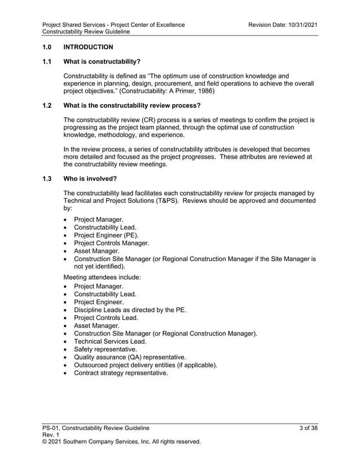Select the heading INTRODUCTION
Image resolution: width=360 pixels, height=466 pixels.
(89, 47)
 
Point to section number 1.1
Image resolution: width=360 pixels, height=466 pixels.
(47, 61)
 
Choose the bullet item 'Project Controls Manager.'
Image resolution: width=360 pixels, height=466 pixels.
(112, 243)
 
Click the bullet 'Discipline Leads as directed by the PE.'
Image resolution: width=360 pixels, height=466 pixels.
(130, 310)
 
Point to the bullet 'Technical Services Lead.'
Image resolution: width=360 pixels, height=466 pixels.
(110, 341)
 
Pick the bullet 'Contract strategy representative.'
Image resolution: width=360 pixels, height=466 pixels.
(121, 373)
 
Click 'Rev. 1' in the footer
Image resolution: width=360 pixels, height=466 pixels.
(51, 435)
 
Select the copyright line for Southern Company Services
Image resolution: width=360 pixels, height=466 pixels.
(122, 442)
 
